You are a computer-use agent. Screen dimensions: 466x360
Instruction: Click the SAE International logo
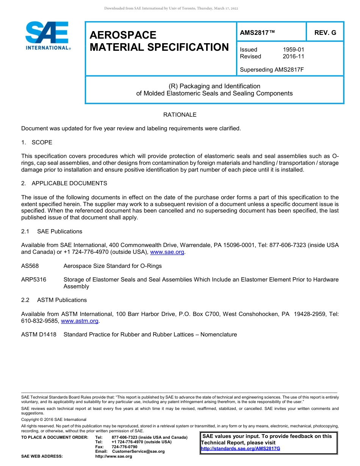tap(47, 36)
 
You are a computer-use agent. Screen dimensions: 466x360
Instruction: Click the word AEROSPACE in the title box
tap(123, 35)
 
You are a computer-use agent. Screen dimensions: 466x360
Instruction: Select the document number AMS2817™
tap(257, 33)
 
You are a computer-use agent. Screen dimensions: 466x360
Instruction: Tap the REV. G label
tap(325, 33)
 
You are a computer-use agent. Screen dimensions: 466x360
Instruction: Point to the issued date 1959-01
tap(293, 50)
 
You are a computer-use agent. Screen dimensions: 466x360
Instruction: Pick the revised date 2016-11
tap(293, 56)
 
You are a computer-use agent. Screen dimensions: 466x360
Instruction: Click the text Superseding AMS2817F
tap(272, 70)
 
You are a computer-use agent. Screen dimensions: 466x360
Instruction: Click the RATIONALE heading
tap(180, 114)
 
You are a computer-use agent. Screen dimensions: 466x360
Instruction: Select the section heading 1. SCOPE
tap(37, 142)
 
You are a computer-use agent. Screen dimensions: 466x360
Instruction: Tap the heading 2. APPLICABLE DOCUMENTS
tap(64, 183)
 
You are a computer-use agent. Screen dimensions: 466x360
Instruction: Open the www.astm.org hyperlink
tap(80, 321)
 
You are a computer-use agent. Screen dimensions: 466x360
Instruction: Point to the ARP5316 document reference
tap(34, 280)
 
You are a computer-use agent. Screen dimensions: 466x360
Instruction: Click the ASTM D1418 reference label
tap(39, 335)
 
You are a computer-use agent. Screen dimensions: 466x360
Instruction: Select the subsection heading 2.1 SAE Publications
tap(52, 231)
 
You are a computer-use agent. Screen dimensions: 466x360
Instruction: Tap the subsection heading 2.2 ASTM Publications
tap(54, 300)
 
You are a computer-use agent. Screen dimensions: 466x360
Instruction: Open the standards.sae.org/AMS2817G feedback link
tap(240, 449)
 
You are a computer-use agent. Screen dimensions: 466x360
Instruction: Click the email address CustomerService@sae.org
tap(138, 451)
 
